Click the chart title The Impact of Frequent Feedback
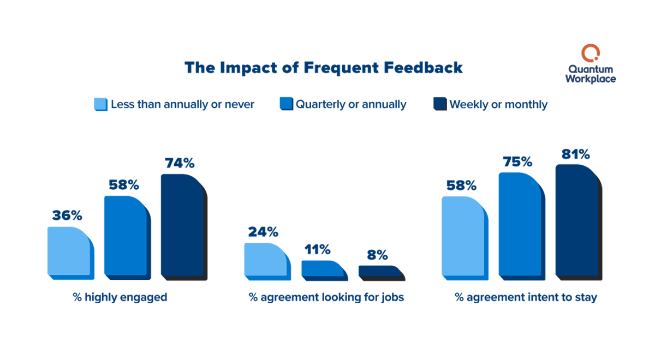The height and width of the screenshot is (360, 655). tap(324, 68)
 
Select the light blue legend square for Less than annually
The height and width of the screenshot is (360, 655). tap(101, 104)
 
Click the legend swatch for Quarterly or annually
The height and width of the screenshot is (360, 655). tap(287, 104)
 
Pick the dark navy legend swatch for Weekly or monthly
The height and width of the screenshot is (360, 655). tap(440, 104)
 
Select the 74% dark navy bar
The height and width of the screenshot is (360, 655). tap(183, 226)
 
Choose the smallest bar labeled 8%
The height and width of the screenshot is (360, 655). tap(380, 272)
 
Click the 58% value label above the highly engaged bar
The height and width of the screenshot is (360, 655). tap(124, 184)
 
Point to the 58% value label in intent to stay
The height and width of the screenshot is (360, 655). tap(461, 185)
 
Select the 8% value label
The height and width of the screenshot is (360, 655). tap(377, 255)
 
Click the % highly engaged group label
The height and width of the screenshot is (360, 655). tap(120, 298)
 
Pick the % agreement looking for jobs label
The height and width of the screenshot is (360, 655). tap(326, 298)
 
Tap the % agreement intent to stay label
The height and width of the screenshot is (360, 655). tap(526, 298)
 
